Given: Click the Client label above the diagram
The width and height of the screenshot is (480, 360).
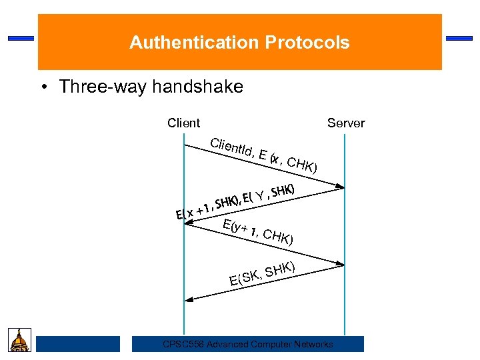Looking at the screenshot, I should [183, 123].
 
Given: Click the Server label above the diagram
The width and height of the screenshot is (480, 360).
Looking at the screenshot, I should [346, 123].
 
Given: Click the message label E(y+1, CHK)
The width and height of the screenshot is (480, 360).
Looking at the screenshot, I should [259, 231].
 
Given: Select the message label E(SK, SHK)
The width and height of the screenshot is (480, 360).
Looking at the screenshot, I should [262, 274].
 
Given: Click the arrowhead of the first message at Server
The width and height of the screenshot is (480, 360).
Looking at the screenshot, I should [340, 186].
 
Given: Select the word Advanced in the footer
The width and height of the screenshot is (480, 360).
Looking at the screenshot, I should [228, 344].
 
